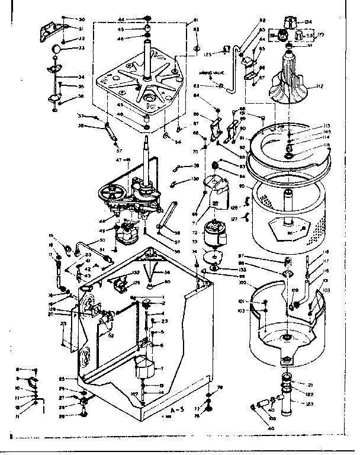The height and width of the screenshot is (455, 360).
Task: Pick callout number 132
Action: (x=136, y=273)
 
